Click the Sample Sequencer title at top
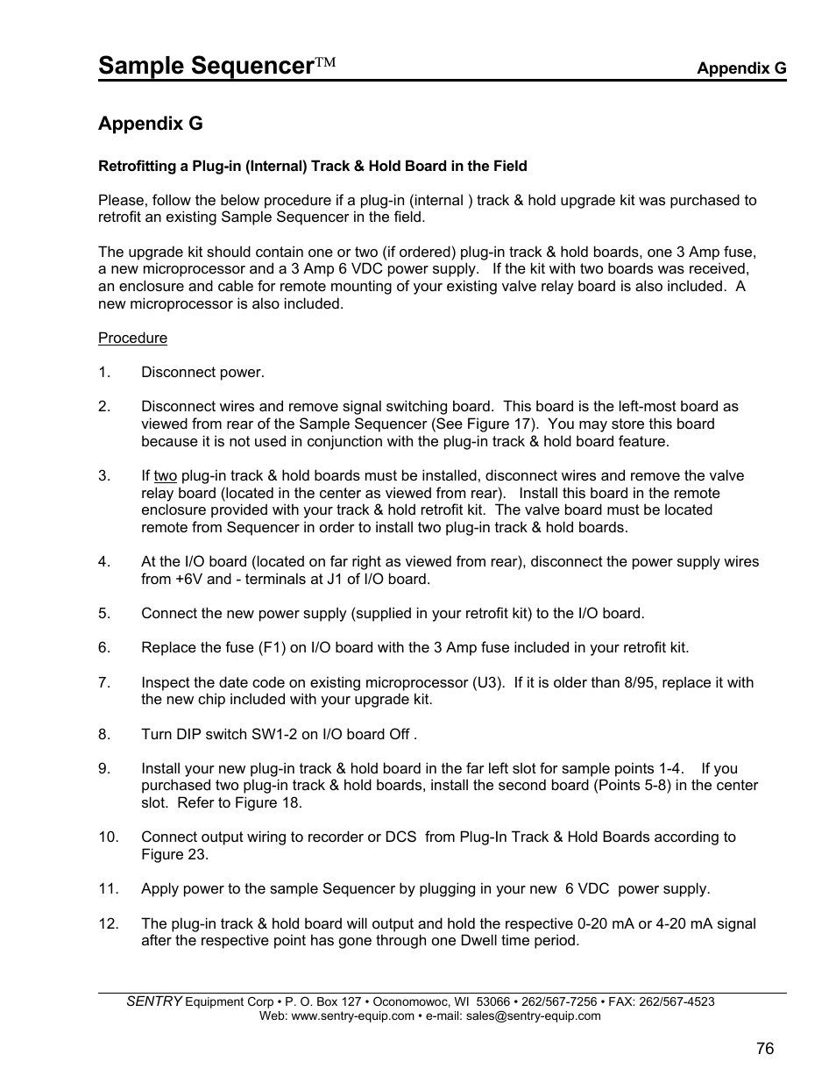pyautogui.click(x=206, y=66)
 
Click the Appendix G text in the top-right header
pyautogui.click(x=740, y=68)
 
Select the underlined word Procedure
pyautogui.click(x=132, y=338)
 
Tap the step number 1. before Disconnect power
pyautogui.click(x=104, y=373)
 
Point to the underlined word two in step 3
pyautogui.click(x=165, y=476)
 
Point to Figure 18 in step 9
pyautogui.click(x=268, y=803)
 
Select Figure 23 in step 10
pyautogui.click(x=174, y=855)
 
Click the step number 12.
pyautogui.click(x=108, y=923)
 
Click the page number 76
pyautogui.click(x=765, y=1049)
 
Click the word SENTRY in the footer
pyautogui.click(x=154, y=1001)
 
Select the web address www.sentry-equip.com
pyautogui.click(x=351, y=1016)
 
